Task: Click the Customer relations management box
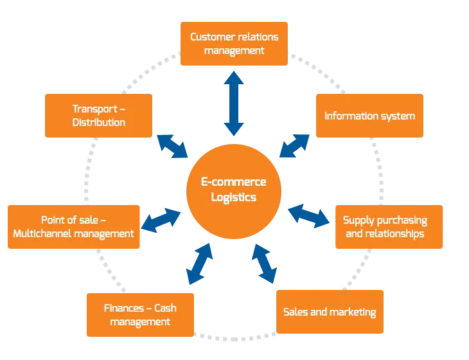(x=234, y=43)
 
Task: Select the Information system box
(x=369, y=116)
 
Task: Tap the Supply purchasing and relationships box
(x=389, y=227)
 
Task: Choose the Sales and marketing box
(x=330, y=312)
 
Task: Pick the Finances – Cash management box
(x=139, y=314)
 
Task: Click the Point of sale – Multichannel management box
(x=73, y=227)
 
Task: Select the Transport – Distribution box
(x=98, y=116)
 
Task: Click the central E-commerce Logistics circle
(x=234, y=190)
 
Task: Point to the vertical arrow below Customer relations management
(x=234, y=102)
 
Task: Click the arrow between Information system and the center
(x=296, y=147)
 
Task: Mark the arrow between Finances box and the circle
(x=199, y=264)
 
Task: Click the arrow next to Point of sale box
(x=161, y=220)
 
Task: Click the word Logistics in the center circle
(x=234, y=197)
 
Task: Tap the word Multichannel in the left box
(x=45, y=233)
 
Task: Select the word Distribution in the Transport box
(x=98, y=122)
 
